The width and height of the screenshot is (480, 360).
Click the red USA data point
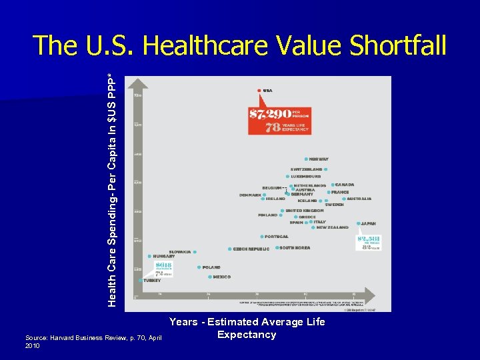click(259, 91)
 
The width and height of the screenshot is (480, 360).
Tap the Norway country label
click(319, 159)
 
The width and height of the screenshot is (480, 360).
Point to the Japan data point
click(358, 224)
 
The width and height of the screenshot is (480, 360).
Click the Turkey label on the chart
click(152, 281)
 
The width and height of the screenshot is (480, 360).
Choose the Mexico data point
click(209, 277)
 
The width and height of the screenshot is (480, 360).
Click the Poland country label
click(211, 267)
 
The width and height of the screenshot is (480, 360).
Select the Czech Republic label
click(251, 249)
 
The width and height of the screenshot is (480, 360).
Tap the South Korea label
click(295, 248)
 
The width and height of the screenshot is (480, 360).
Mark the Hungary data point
click(149, 256)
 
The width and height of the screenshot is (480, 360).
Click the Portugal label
click(276, 237)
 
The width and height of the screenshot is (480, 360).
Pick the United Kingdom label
click(304, 211)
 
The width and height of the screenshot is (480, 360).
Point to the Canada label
click(345, 185)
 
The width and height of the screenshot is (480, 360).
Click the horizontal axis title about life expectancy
click(247, 328)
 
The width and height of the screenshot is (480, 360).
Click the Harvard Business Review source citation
click(93, 342)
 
